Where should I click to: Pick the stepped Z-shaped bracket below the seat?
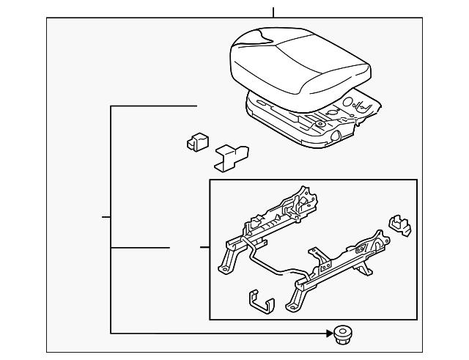coord(232,156)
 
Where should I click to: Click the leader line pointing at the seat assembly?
coord(154,106)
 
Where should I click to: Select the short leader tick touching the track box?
coord(204,248)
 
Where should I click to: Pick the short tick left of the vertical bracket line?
coord(106,217)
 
